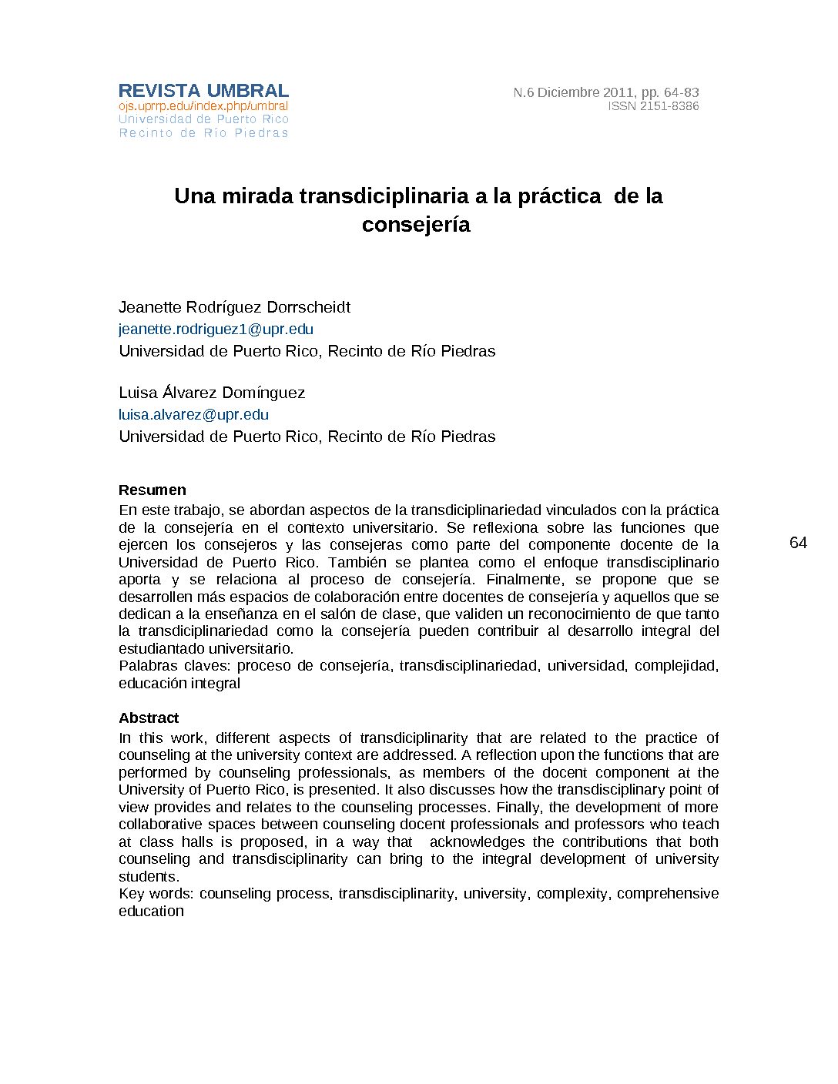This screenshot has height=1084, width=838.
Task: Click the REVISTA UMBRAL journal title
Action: click(203, 91)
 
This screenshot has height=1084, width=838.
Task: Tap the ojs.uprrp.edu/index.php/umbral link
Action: click(203, 106)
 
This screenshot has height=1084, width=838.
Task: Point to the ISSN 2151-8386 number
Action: click(653, 106)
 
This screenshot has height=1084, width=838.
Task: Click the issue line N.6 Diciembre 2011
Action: click(605, 92)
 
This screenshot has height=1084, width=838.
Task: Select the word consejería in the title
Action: click(416, 225)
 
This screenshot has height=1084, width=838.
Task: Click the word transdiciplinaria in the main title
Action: click(384, 196)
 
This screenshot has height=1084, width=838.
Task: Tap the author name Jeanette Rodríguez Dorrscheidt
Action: click(234, 307)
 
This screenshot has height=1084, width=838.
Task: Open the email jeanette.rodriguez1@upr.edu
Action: click(216, 330)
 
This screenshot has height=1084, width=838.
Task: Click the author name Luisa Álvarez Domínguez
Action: click(212, 393)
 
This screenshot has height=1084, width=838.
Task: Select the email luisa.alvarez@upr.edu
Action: click(193, 415)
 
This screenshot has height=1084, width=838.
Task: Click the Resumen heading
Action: click(153, 490)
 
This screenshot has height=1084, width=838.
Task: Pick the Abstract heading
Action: click(149, 718)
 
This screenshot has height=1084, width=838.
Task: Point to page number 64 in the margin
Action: click(798, 544)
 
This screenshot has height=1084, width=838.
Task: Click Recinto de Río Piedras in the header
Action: click(203, 133)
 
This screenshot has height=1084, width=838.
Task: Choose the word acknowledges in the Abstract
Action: click(477, 842)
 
